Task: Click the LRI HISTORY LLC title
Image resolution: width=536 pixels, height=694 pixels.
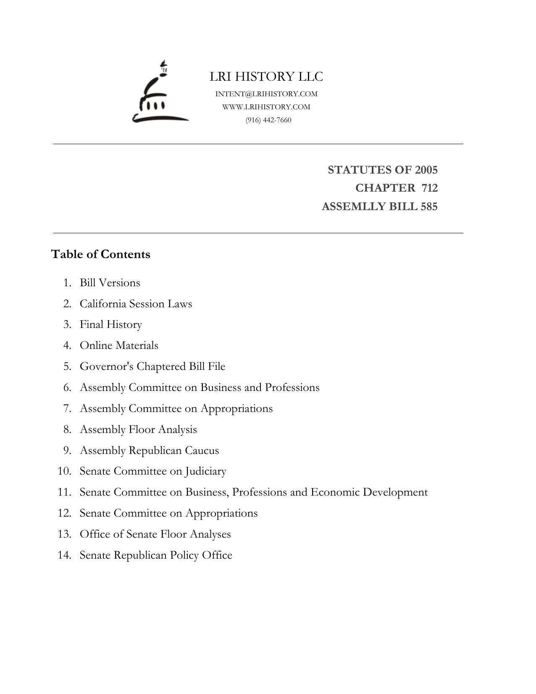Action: pos(266,77)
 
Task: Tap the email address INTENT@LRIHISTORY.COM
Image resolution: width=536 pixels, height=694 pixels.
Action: pos(266,94)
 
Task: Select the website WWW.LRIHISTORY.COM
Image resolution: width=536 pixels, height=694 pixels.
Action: pos(266,107)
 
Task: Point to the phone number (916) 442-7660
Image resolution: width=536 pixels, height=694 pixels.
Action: pos(268,120)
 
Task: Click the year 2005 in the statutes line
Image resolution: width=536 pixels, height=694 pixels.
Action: pos(426,170)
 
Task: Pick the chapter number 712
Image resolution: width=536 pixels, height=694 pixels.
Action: pos(429,188)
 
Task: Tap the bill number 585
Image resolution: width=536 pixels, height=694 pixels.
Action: pos(428,206)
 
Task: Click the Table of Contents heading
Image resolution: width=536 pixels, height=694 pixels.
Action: pos(100,254)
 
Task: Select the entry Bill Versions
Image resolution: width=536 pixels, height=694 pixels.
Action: pos(110,283)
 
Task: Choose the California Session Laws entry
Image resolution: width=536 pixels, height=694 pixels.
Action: pos(136,304)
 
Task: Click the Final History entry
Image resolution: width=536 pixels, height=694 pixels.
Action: pos(111,325)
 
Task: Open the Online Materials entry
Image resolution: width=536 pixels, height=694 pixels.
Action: pos(119,346)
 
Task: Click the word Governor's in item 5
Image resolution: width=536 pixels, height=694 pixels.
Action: pos(107,367)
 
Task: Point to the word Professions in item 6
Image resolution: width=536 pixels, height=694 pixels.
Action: pos(292,387)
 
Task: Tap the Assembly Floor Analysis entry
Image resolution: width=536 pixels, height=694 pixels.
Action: pos(138,430)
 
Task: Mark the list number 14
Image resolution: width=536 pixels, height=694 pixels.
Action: pos(64,555)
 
